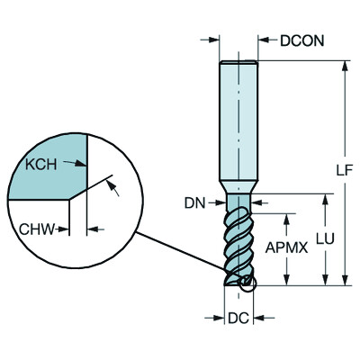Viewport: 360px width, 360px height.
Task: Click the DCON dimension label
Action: tap(302, 40)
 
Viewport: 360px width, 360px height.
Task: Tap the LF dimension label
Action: tap(344, 170)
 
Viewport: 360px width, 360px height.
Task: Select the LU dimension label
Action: tap(325, 238)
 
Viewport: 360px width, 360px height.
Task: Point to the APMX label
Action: tap(287, 247)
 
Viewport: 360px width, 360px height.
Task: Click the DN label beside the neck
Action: tap(195, 203)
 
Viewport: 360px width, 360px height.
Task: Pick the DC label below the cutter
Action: tap(238, 318)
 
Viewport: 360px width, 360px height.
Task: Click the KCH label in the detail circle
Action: tap(40, 165)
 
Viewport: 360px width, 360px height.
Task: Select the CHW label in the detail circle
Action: tap(37, 229)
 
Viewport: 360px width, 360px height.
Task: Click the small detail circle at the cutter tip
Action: tap(247, 283)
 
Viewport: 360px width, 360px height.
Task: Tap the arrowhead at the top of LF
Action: tap(346, 66)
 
